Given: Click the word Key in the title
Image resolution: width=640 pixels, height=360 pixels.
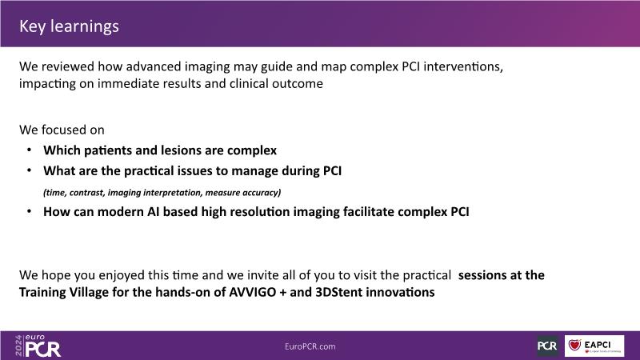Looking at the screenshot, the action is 32,26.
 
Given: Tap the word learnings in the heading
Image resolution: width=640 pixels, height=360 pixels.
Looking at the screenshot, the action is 85,27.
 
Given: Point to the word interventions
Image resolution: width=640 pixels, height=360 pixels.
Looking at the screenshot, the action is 463,66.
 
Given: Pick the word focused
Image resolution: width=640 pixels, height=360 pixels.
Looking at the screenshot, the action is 62,130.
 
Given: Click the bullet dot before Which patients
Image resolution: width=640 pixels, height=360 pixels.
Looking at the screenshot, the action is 29,150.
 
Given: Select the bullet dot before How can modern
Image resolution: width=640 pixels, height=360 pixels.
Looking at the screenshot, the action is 29,211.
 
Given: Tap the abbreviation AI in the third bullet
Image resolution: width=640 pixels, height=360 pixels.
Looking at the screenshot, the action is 153,211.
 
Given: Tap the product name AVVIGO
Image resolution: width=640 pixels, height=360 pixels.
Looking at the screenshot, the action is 253,292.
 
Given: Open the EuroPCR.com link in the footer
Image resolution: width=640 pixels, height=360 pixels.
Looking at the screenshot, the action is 310,346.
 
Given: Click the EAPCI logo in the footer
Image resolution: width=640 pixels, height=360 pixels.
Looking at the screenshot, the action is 594,346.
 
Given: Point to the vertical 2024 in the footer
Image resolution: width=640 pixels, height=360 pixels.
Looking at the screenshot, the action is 18,346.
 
